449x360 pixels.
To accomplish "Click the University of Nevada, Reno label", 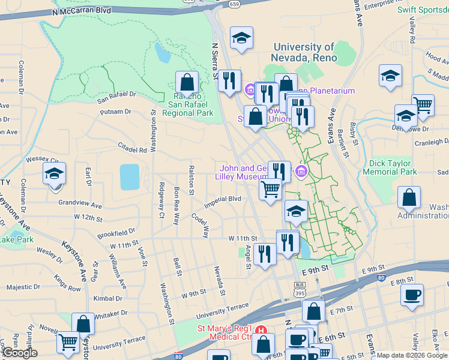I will coord(305,52).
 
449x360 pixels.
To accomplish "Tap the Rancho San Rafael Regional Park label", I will coord(188,104).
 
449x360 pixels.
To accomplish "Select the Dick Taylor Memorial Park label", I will coord(390,167).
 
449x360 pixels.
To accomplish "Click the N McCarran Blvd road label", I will coord(82,11).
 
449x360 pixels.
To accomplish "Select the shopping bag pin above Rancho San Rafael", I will coord(187,82).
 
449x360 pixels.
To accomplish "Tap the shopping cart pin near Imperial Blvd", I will coord(271,189).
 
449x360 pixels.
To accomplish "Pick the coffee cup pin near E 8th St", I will coord(412,295).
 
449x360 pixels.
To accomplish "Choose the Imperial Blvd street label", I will coord(223,199).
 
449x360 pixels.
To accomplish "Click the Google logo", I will coord(20,353).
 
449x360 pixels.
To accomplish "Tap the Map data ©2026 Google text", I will coord(411,355).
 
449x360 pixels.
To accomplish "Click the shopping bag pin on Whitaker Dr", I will coord(83,324).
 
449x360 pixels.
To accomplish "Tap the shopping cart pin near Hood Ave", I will coord(423,106).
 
